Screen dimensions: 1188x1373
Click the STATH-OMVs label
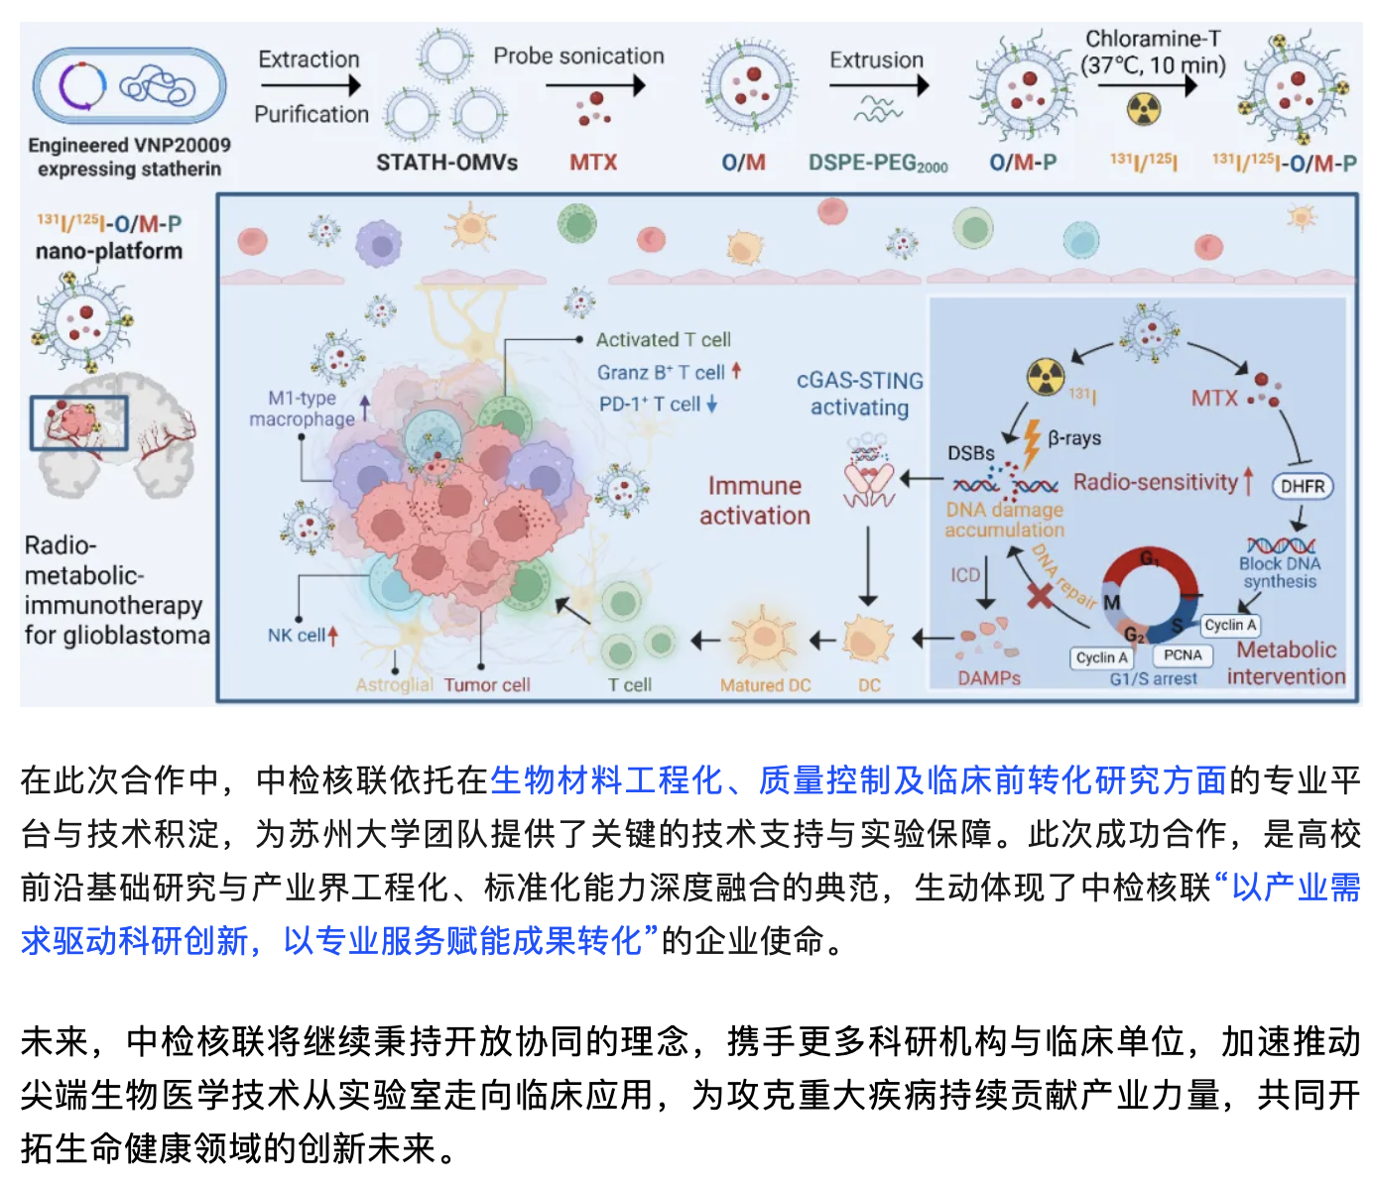(x=446, y=163)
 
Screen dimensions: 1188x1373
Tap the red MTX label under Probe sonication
(x=593, y=163)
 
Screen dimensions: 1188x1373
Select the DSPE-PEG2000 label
(x=878, y=163)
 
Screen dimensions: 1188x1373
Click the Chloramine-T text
(x=1153, y=40)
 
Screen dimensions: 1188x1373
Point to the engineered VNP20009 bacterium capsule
(x=129, y=86)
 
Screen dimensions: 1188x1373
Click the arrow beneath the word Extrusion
(x=879, y=86)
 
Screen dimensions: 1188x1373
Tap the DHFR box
(x=1303, y=486)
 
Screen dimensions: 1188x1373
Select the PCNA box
(x=1183, y=655)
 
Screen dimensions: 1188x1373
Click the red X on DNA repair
(x=1039, y=596)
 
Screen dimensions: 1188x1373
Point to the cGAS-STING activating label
(x=859, y=394)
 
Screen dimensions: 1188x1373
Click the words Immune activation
(x=755, y=501)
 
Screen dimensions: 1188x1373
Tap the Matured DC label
(x=765, y=685)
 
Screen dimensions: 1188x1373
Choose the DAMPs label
(x=989, y=678)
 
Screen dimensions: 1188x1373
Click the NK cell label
(x=297, y=636)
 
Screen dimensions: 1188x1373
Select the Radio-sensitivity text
(x=1156, y=483)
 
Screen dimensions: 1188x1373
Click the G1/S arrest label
(x=1153, y=679)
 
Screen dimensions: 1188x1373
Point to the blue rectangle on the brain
(x=78, y=423)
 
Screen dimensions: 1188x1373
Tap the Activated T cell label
(x=663, y=340)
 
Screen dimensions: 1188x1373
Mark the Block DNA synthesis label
(x=1280, y=572)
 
